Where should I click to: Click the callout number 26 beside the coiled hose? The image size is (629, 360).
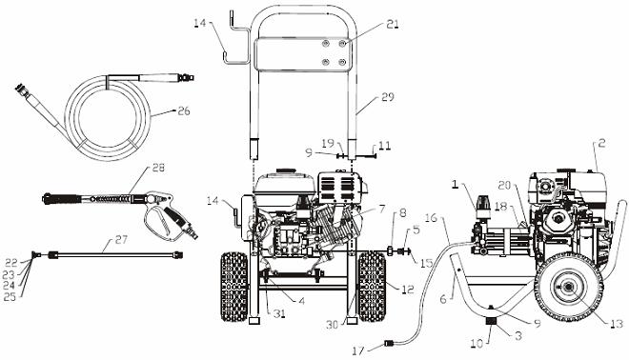183,110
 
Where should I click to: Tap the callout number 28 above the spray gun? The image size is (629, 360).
157,169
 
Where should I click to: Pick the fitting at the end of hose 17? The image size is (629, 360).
388,343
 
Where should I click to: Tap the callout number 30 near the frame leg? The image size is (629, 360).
330,325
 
